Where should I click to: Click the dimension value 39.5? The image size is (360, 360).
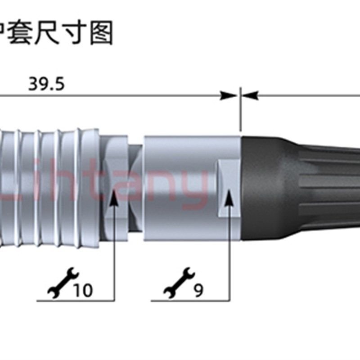click(x=47, y=84)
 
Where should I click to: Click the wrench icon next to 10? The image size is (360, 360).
click(x=63, y=283)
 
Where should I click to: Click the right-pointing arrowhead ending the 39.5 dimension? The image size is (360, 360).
click(x=229, y=95)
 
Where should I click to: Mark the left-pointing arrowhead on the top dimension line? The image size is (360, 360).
click(x=251, y=95)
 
